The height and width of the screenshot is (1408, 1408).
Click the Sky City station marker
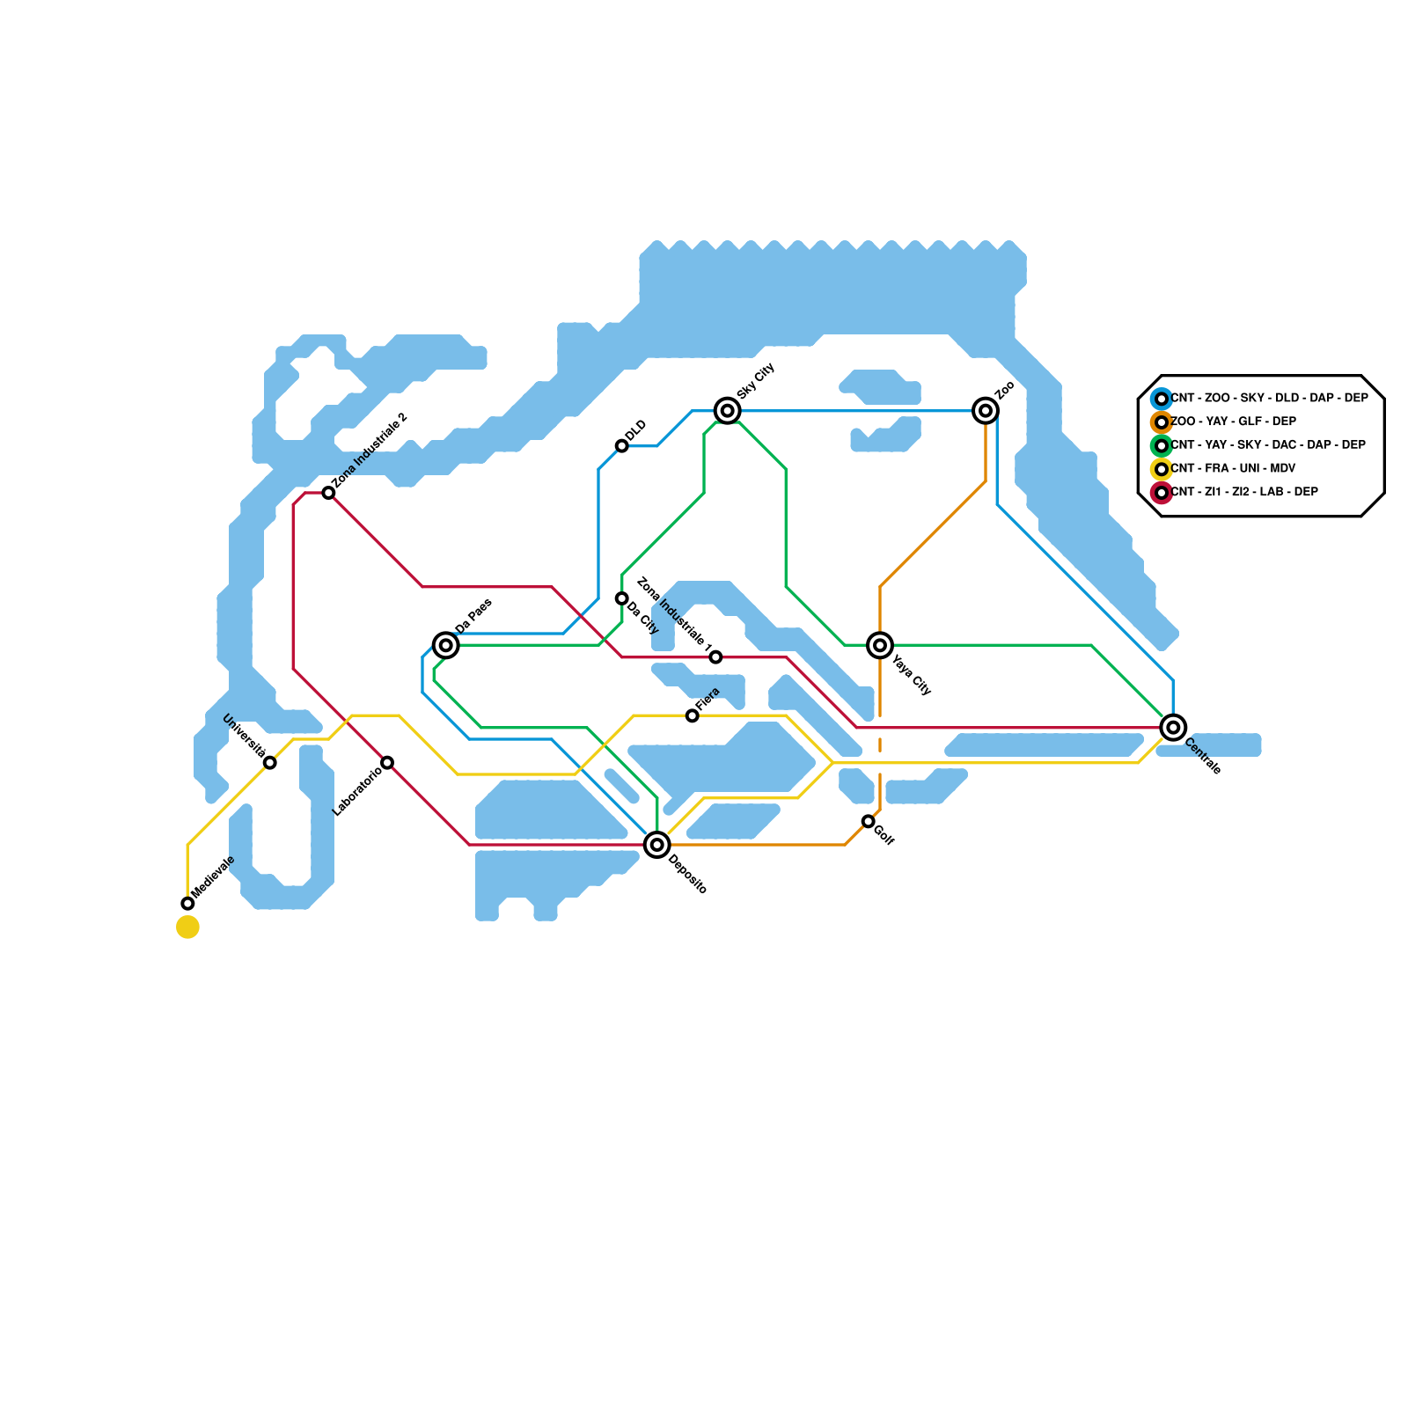pos(727,410)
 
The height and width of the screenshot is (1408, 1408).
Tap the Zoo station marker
pos(986,410)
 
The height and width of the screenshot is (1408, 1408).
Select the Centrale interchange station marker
pos(1173,728)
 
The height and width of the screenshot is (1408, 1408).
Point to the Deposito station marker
pos(656,845)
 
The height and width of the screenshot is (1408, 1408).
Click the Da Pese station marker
pos(446,645)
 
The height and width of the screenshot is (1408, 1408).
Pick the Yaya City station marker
pos(880,645)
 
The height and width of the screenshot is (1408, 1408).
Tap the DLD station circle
pos(622,446)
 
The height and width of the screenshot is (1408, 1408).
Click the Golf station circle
pos(869,821)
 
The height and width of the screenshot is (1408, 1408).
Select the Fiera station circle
pos(693,715)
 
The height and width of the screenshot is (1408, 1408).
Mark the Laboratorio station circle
pos(387,762)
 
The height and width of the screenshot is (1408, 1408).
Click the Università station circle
pos(270,762)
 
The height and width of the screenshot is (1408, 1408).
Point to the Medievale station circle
pos(187,903)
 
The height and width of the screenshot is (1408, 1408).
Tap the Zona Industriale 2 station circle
pos(328,493)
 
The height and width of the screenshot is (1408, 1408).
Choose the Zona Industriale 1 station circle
pos(715,657)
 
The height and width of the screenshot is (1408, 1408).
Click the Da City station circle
pos(622,598)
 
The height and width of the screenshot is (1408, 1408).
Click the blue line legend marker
pos(1162,399)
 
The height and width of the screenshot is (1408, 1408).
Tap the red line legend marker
pos(1162,493)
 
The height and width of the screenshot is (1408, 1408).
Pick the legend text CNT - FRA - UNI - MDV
pos(1233,468)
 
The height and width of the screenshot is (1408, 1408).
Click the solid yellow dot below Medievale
pos(187,927)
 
